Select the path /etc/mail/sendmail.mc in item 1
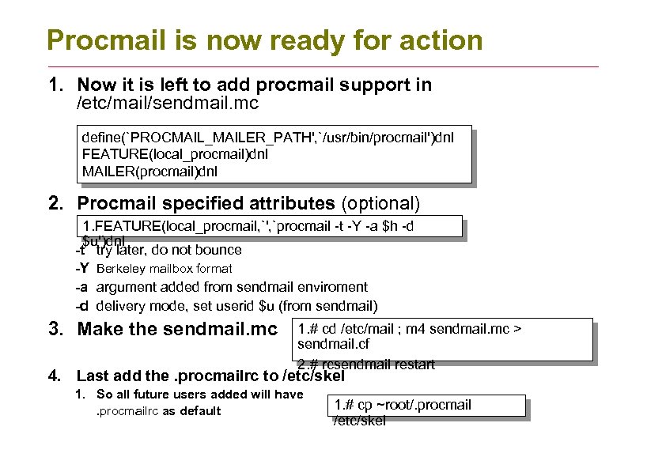click(x=168, y=103)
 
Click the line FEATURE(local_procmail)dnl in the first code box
click(x=175, y=154)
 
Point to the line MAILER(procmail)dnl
click(x=149, y=171)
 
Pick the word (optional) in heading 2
click(x=380, y=203)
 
